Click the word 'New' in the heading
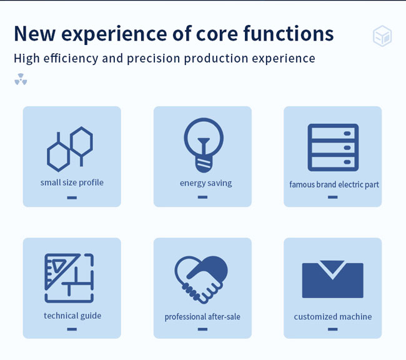34,34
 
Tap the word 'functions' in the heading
289,33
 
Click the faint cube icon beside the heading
382,36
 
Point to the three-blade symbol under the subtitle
21,79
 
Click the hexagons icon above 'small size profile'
70,149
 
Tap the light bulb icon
204,145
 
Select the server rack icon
333,147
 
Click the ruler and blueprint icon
69,278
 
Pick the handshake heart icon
201,279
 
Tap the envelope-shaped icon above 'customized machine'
333,279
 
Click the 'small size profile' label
72,182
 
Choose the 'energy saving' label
206,183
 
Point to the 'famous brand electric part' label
334,184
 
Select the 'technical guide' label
72,316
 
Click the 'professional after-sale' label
202,317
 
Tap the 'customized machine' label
333,317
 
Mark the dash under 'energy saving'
202,197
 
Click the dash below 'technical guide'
72,329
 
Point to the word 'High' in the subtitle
27,58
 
